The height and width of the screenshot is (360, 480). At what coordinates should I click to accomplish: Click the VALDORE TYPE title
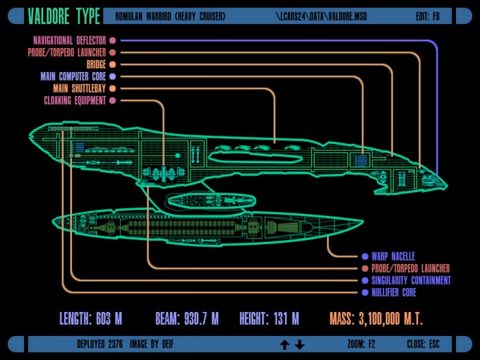(x=64, y=16)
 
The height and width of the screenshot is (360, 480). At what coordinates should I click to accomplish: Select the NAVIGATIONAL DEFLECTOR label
(x=69, y=40)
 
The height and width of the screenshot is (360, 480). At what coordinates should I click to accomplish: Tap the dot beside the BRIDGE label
(x=112, y=64)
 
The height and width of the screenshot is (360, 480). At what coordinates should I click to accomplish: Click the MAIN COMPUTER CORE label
(x=73, y=76)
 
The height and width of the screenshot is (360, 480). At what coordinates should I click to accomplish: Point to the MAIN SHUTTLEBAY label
(x=80, y=88)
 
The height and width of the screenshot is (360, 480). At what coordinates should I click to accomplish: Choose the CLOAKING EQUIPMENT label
(x=75, y=100)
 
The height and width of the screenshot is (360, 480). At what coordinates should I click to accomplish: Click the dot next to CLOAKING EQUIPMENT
(x=112, y=100)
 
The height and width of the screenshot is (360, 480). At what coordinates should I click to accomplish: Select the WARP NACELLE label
(x=394, y=256)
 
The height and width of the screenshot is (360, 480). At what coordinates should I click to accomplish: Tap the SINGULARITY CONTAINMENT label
(x=411, y=280)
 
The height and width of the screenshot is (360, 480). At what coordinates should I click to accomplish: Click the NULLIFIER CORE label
(x=394, y=292)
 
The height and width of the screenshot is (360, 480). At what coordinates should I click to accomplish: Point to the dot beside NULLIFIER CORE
(x=365, y=292)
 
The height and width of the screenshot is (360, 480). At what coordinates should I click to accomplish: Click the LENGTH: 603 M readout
(x=91, y=318)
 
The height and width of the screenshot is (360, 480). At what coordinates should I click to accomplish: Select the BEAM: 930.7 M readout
(x=187, y=318)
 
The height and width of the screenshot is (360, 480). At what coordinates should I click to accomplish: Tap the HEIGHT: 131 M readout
(x=269, y=318)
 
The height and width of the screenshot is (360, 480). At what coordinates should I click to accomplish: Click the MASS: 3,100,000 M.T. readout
(x=376, y=319)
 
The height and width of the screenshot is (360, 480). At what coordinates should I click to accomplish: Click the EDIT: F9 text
(x=428, y=16)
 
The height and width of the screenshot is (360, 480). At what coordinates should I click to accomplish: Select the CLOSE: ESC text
(x=423, y=344)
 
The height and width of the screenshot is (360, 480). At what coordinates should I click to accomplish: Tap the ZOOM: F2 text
(x=361, y=344)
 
